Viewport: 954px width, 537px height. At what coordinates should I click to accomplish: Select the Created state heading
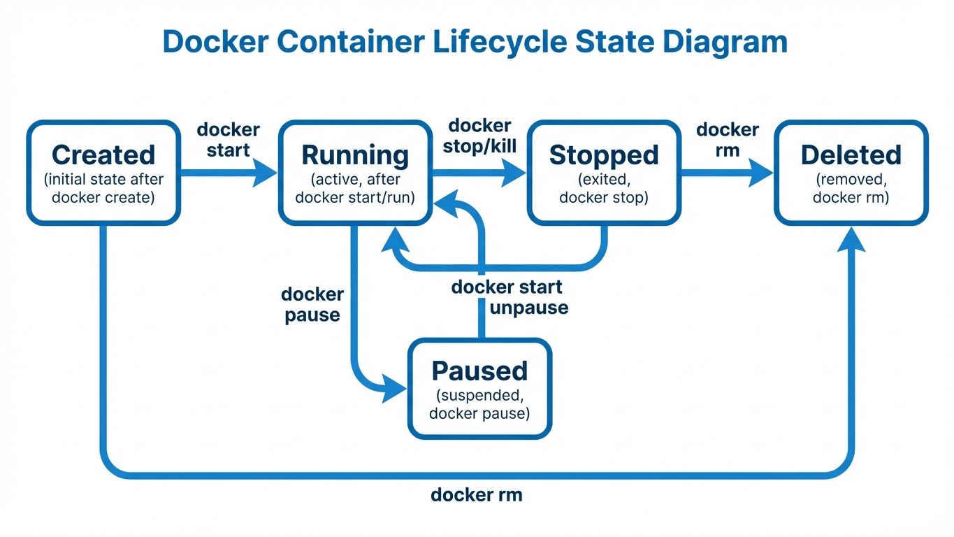point(103,155)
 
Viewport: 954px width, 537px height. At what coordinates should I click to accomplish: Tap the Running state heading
point(354,155)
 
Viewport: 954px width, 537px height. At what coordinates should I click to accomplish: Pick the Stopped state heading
point(604,155)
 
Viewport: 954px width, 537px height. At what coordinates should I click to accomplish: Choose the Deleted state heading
point(851,155)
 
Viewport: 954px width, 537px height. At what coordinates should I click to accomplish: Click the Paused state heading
point(479,371)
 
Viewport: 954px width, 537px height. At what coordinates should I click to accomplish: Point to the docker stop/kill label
point(479,136)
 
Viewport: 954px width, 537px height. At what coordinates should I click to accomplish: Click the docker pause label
point(312,305)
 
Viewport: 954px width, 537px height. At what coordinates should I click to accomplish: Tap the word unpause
point(529,308)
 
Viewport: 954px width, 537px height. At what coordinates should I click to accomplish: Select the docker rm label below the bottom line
point(477,495)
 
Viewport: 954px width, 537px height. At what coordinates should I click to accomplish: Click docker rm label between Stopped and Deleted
point(728,140)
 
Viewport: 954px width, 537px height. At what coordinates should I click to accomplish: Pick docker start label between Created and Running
point(228,140)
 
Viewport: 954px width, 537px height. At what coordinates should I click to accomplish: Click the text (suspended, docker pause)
point(479,404)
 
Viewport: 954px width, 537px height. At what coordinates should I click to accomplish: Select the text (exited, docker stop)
point(604,189)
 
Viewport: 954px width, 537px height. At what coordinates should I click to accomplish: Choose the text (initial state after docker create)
point(103,189)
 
